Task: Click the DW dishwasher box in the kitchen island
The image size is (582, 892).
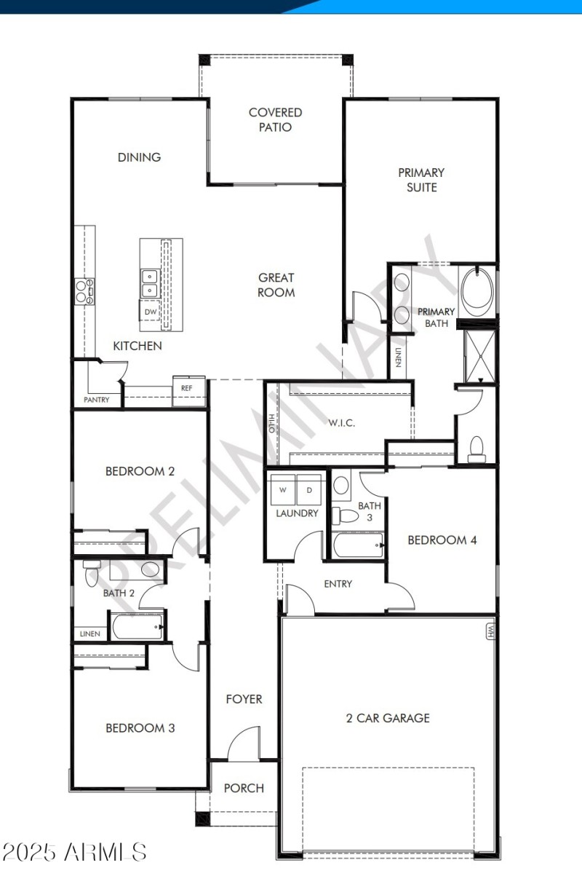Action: [x=151, y=312]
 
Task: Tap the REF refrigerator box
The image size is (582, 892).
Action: [x=187, y=388]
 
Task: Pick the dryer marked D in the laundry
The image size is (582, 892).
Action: [x=309, y=489]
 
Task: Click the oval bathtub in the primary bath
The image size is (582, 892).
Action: [x=478, y=291]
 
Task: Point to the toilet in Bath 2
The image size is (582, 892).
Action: [x=92, y=573]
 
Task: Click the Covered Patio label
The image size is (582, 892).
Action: [x=275, y=119]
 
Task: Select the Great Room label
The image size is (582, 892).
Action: [x=276, y=285]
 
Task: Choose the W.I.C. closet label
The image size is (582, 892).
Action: [x=341, y=423]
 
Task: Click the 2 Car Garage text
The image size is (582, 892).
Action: [x=388, y=718]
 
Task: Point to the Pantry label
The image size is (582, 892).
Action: [x=97, y=400]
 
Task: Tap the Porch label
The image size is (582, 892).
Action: [x=244, y=788]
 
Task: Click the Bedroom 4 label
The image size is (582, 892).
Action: [x=442, y=540]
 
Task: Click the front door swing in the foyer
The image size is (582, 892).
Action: [x=244, y=744]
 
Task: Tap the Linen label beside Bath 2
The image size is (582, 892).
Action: [x=89, y=634]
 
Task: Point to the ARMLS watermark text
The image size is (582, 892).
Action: [x=75, y=851]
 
